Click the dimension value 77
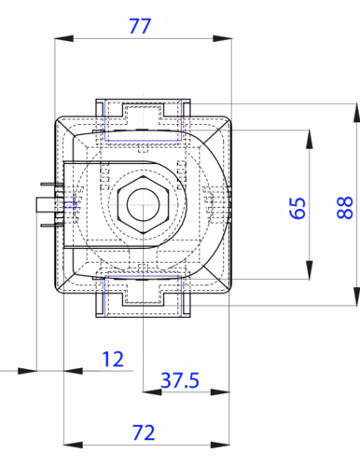pyautogui.click(x=140, y=26)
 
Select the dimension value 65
pyautogui.click(x=298, y=208)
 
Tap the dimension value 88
pyautogui.click(x=345, y=208)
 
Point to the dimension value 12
pyautogui.click(x=113, y=359)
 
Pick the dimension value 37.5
pyautogui.click(x=180, y=380)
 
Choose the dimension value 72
pyautogui.click(x=144, y=432)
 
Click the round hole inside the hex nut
pyautogui.click(x=143, y=205)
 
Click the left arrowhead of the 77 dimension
pyautogui.click(x=64, y=38)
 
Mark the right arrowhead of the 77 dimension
pyautogui.click(x=222, y=38)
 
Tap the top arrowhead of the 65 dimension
pyautogui.click(x=309, y=140)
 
